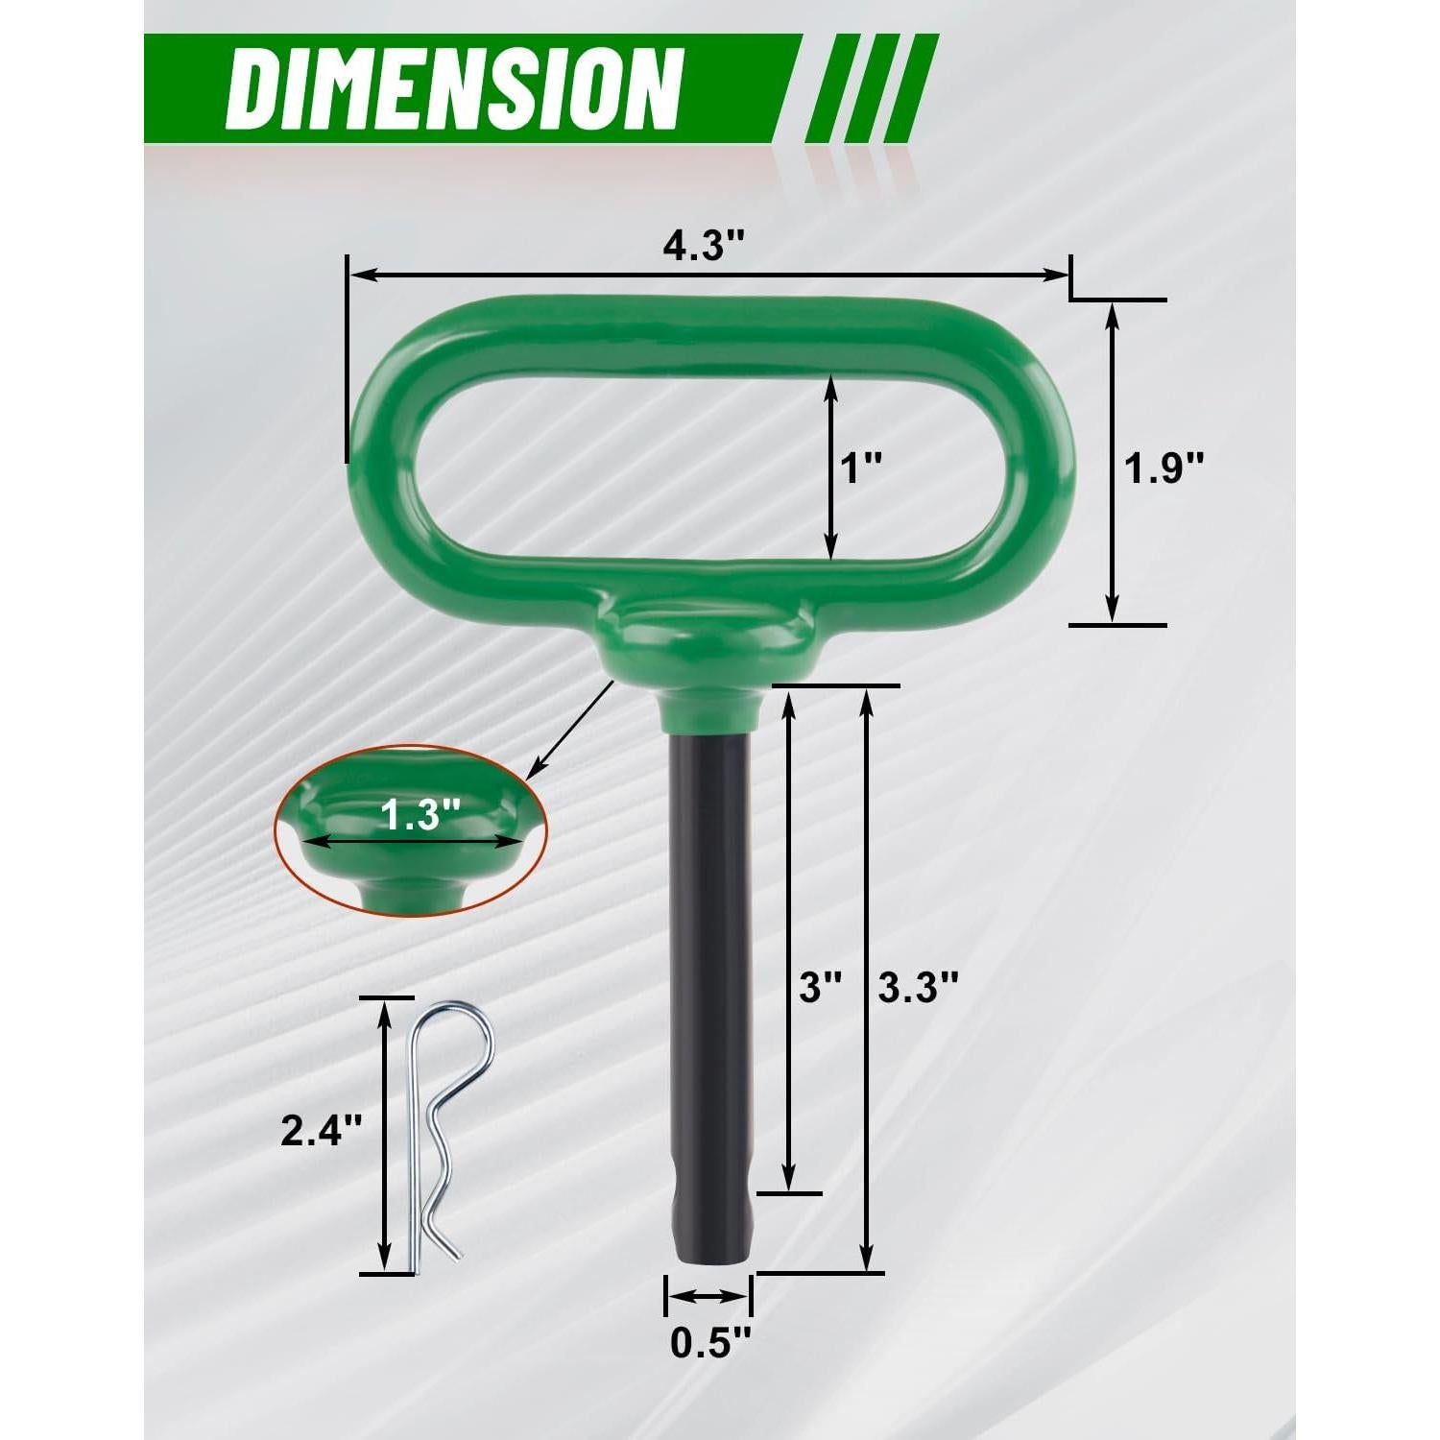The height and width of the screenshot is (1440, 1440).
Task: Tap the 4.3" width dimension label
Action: pos(704,248)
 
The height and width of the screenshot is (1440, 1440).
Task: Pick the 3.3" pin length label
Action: pos(919,986)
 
